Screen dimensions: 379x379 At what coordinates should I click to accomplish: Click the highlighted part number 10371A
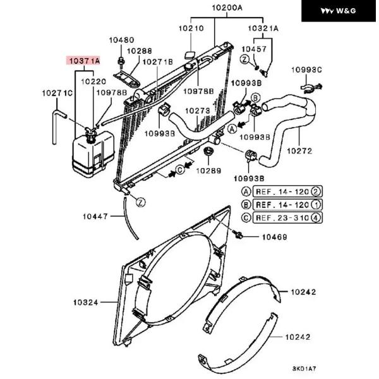coord(83,61)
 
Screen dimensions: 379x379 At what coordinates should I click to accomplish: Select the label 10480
coord(121,40)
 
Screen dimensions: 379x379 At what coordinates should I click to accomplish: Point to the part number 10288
coord(140,51)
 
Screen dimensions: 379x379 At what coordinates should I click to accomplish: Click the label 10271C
coord(57,93)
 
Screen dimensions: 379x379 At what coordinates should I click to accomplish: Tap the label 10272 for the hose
coord(302,151)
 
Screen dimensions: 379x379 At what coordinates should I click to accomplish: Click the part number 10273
coord(197,111)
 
